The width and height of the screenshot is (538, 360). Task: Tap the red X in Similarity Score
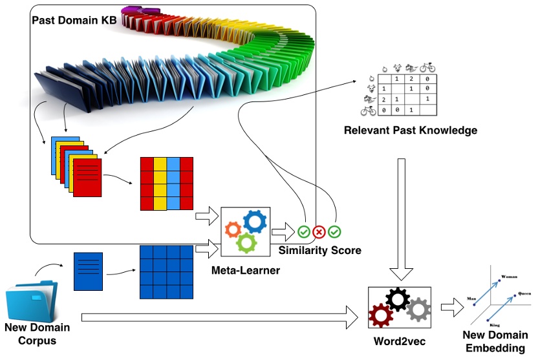pyautogui.click(x=319, y=231)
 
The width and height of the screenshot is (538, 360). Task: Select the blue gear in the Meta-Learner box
pyautogui.click(x=254, y=222)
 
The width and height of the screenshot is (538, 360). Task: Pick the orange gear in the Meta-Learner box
pyautogui.click(x=232, y=229)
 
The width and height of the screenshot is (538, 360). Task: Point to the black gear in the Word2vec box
pyautogui.click(x=397, y=298)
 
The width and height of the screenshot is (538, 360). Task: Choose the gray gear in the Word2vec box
pyautogui.click(x=418, y=310)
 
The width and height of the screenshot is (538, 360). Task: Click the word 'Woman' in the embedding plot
pyautogui.click(x=511, y=275)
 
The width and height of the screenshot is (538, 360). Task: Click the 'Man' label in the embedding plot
pyautogui.click(x=471, y=300)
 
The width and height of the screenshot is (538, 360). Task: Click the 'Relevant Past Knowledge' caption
pyautogui.click(x=411, y=131)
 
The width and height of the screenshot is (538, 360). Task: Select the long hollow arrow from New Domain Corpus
pyautogui.click(x=220, y=316)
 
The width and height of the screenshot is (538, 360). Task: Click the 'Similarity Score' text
pyautogui.click(x=319, y=250)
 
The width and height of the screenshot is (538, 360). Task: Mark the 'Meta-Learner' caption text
pyautogui.click(x=246, y=270)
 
